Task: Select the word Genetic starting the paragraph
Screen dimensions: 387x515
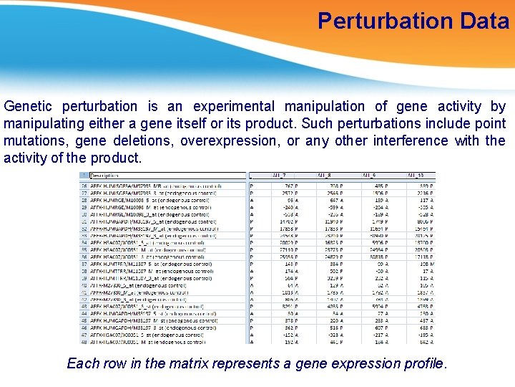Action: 28,107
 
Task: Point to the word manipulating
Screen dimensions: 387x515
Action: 44,123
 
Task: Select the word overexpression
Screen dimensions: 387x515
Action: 230,140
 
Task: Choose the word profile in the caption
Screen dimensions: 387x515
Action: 423,363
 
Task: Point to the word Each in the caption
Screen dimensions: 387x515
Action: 82,363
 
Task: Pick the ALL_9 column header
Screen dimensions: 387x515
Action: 370,175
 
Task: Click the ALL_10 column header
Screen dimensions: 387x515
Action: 416,175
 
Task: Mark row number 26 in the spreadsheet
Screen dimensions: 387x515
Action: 84,184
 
